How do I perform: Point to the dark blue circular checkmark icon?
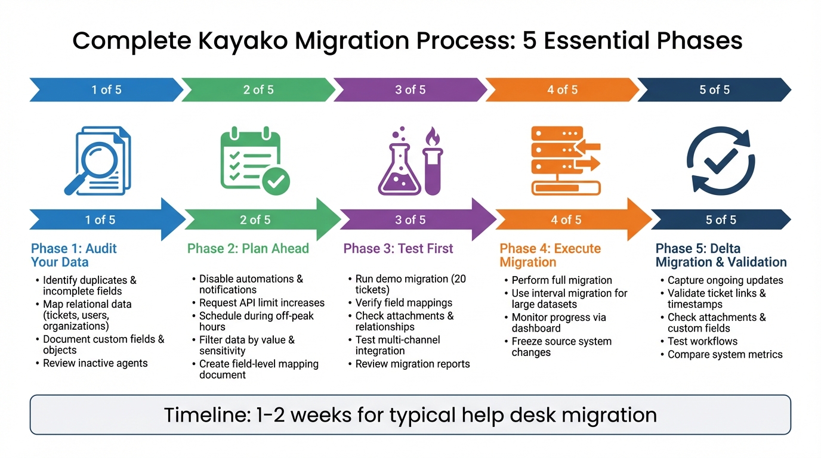click(720, 160)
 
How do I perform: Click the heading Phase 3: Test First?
click(398, 249)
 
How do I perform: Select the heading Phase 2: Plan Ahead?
click(248, 249)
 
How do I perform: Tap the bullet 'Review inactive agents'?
click(95, 363)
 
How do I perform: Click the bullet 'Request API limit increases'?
click(261, 303)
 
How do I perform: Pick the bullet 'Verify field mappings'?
click(403, 303)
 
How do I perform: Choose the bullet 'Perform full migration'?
click(561, 280)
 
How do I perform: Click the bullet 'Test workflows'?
click(702, 342)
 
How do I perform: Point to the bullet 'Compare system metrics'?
click(724, 355)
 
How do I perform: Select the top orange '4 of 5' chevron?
click(562, 90)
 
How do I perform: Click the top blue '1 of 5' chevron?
click(106, 90)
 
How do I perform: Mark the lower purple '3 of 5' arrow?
click(410, 220)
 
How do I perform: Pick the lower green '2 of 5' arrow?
click(255, 220)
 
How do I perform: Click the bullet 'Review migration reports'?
click(412, 364)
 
